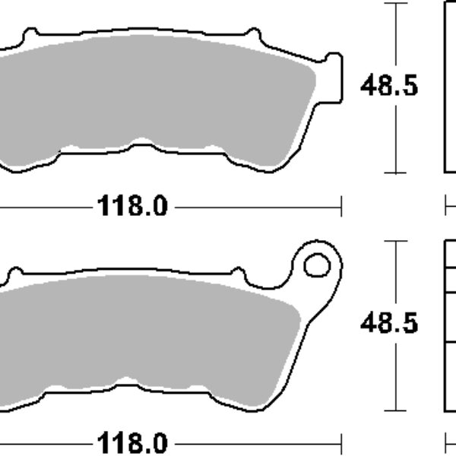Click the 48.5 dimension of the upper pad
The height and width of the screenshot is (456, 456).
[388, 87]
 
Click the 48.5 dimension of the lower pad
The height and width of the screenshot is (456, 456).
[388, 324]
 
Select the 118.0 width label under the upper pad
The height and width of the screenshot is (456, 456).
[131, 205]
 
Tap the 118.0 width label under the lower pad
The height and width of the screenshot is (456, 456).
[131, 442]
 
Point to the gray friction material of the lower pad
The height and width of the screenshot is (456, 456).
[152, 334]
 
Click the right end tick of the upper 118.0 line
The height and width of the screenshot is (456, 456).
[341, 205]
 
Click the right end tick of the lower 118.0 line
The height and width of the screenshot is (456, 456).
[341, 442]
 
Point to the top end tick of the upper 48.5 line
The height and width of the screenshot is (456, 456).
[394, 4]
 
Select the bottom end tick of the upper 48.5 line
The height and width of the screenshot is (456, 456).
[394, 173]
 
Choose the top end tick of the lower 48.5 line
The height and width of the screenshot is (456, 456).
[394, 242]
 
